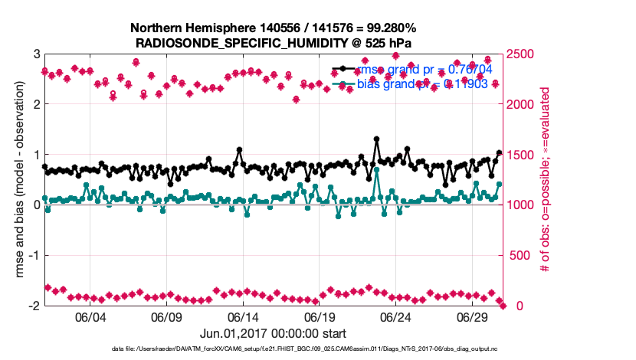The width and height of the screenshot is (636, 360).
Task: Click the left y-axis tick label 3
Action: [x=36, y=54]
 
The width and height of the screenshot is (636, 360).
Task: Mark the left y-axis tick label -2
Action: [x=34, y=306]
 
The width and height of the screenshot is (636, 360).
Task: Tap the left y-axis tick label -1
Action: [x=34, y=255]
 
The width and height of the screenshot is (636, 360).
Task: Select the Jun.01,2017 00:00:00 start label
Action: [x=272, y=333]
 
